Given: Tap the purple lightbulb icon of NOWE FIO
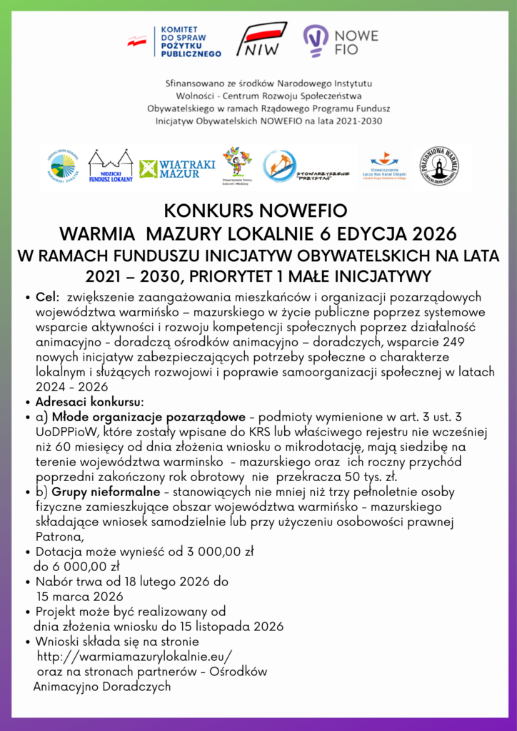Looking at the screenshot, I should (x=315, y=41).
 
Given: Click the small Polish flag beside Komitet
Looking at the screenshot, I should (x=136, y=41).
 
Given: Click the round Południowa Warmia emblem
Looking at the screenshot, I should (x=438, y=166).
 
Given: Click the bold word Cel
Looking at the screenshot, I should (x=46, y=296).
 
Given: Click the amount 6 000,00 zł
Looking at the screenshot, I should (x=76, y=567).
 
